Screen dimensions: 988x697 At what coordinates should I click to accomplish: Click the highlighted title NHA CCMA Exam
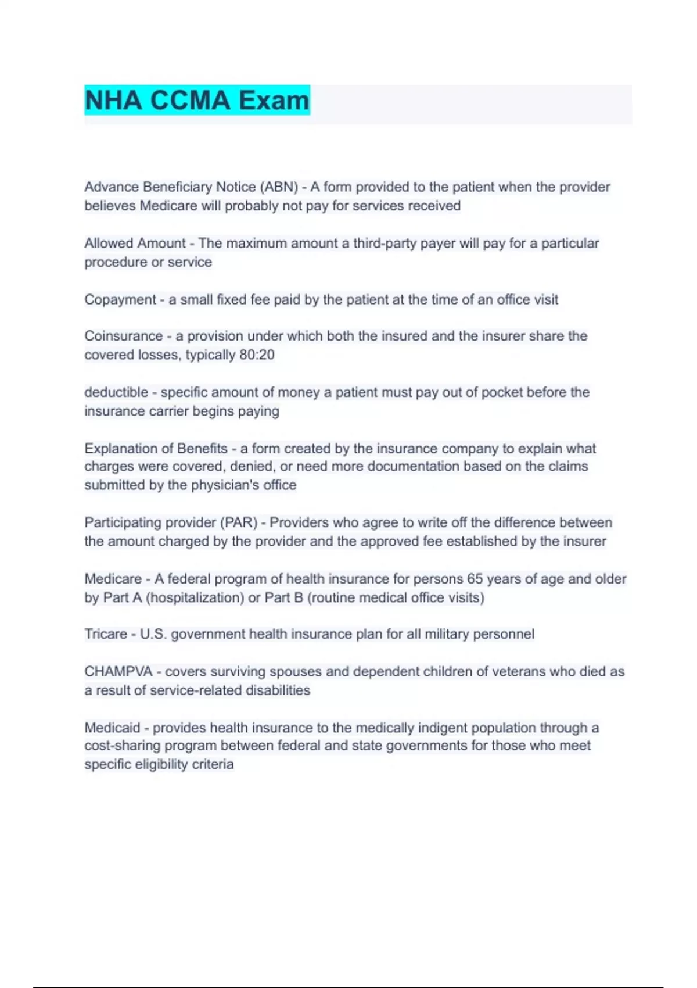click(x=197, y=100)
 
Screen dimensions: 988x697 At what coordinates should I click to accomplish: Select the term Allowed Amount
click(x=135, y=243)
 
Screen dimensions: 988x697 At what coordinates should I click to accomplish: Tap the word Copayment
click(x=120, y=300)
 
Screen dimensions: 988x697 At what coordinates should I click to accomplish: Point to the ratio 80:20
click(x=257, y=355)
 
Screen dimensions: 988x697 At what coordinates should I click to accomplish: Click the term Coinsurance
click(x=123, y=336)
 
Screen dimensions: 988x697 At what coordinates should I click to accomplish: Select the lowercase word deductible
click(x=116, y=392)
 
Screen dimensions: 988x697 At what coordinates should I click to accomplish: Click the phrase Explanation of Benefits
click(x=156, y=449)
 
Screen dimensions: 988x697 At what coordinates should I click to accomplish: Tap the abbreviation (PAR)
click(x=238, y=522)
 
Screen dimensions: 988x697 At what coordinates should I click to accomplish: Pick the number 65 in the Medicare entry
click(x=475, y=579)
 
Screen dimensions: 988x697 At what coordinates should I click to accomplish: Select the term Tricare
click(x=106, y=634)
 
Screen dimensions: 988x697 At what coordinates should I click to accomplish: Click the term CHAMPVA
click(x=118, y=672)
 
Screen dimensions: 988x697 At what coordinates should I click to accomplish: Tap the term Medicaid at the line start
click(x=112, y=728)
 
